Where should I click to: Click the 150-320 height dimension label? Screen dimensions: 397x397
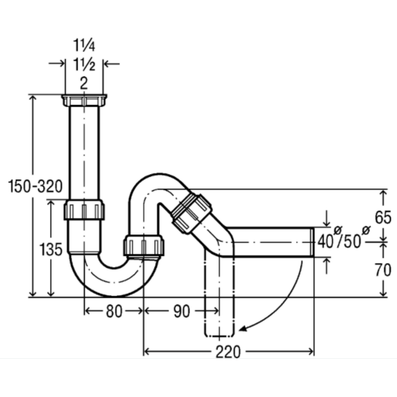coord(35,186)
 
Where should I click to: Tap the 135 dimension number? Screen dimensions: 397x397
coord(51,249)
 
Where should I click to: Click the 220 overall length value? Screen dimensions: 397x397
coord(228,352)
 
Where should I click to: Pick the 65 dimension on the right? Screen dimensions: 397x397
coord(383,217)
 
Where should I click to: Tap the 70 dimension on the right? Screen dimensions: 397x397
coord(383,270)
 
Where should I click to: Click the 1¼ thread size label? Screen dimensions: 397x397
coord(84,45)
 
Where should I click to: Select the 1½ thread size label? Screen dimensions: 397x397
coord(84,64)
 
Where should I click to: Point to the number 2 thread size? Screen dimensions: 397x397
coord(84,83)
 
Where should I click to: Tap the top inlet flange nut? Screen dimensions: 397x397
coord(84,100)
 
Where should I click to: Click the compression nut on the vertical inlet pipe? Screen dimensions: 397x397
coord(84,210)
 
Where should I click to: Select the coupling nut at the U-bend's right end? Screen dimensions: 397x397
coord(144,245)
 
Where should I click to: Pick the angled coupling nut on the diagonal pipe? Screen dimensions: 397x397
coord(192,213)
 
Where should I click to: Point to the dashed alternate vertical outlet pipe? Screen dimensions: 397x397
coord(219,293)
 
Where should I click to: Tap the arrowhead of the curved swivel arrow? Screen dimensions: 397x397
coord(243,328)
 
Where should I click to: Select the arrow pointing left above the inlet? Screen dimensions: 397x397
coord(112,64)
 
